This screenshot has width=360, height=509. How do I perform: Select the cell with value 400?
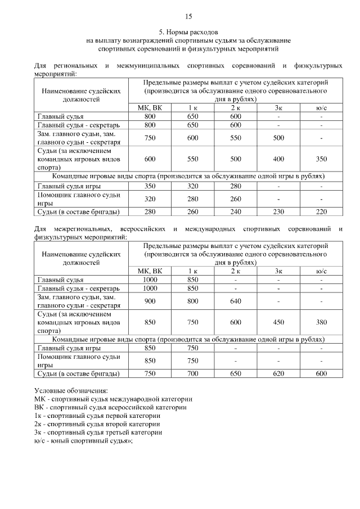(278, 159)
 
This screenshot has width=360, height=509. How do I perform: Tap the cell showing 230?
(278, 211)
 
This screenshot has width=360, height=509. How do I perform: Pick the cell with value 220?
(321, 211)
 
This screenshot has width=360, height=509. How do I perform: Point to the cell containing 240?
(235, 211)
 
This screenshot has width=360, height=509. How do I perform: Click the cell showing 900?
(150, 301)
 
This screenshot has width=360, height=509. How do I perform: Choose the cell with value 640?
(235, 301)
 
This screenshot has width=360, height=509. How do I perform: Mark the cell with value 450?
(278, 323)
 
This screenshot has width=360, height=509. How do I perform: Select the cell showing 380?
(321, 323)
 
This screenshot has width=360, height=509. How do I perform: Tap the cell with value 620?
(278, 373)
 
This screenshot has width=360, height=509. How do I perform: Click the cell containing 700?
(193, 373)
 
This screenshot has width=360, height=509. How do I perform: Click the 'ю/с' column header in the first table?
(321, 108)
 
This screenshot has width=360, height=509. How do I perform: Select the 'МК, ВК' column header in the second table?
(150, 271)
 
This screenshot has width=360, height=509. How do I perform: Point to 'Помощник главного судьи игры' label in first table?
(79, 198)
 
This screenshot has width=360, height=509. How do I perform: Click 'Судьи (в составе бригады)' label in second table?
(79, 373)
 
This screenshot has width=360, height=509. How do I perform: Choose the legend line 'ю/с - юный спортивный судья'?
(87, 441)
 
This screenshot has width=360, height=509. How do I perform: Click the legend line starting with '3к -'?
(98, 433)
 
